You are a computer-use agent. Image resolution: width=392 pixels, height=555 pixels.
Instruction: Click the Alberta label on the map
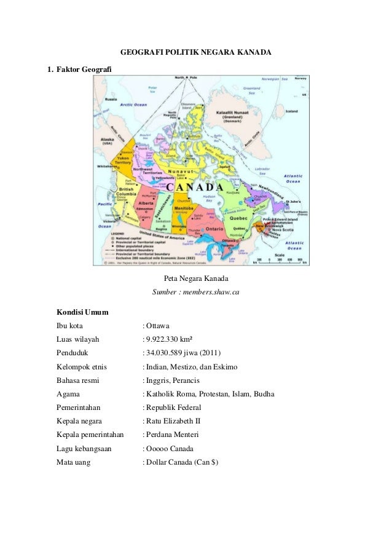coord(147,203)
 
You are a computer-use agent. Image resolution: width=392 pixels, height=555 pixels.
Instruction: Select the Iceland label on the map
coord(291,111)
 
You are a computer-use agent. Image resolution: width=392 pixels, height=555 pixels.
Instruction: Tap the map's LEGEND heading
coord(119,234)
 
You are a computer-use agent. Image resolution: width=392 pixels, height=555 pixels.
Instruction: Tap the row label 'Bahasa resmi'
coord(77,380)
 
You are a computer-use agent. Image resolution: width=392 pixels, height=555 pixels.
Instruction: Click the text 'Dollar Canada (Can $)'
coord(182,462)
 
